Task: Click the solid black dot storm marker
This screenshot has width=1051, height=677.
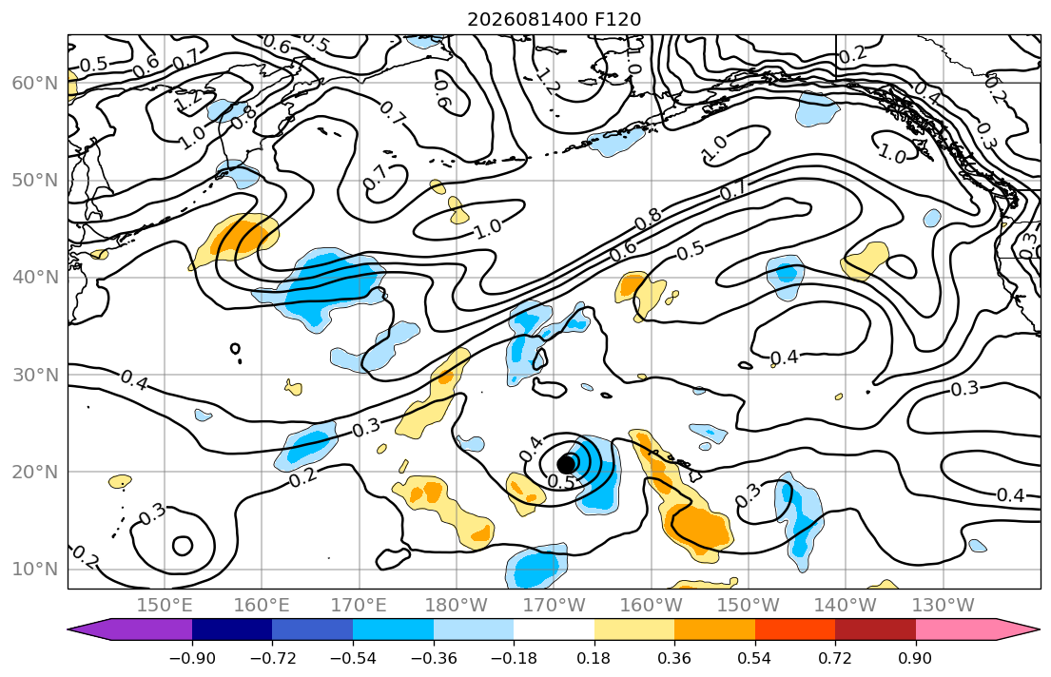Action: pyautogui.click(x=567, y=464)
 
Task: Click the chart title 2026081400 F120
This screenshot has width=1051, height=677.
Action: pyautogui.click(x=554, y=19)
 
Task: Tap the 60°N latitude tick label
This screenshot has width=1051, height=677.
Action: pyautogui.click(x=35, y=83)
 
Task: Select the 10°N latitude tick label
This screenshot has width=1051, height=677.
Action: pyautogui.click(x=35, y=570)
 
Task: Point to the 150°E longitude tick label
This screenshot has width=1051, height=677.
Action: pyautogui.click(x=165, y=606)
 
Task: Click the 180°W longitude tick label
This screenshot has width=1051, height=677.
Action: pyautogui.click(x=457, y=606)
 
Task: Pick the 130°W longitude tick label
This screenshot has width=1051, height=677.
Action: pyautogui.click(x=944, y=606)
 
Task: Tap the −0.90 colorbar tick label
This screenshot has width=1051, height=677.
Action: pyautogui.click(x=192, y=658)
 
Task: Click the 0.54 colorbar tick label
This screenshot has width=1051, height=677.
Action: pyautogui.click(x=755, y=658)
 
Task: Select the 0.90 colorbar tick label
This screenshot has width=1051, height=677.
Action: pyautogui.click(x=916, y=658)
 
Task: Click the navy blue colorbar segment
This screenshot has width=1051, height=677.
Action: pyautogui.click(x=232, y=629)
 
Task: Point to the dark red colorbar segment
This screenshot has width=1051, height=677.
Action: pyautogui.click(x=875, y=629)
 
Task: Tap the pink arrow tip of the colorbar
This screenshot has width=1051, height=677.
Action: pyautogui.click(x=1040, y=629)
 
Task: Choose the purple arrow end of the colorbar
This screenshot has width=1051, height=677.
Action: pyautogui.click(x=69, y=629)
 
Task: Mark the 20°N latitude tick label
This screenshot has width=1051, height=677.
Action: pyautogui.click(x=35, y=472)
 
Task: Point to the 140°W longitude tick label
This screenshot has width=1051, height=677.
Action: pyautogui.click(x=846, y=606)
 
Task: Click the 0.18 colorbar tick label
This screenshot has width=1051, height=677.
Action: pyautogui.click(x=594, y=658)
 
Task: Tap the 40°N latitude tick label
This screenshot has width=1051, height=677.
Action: pyautogui.click(x=35, y=278)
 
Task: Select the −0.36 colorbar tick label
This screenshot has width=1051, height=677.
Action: pyautogui.click(x=434, y=658)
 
